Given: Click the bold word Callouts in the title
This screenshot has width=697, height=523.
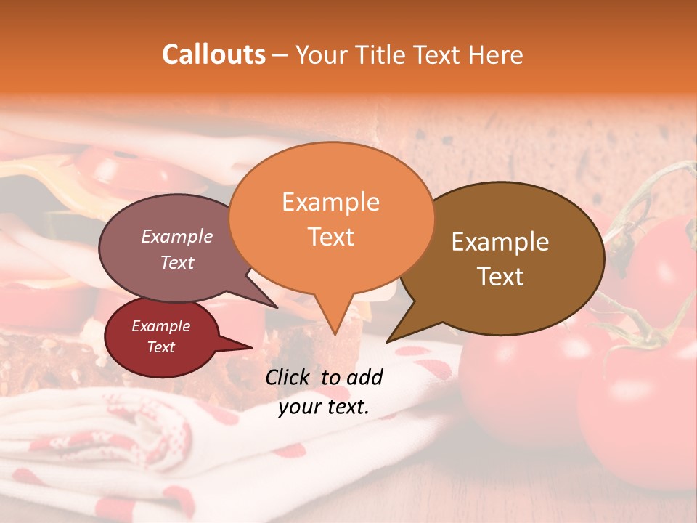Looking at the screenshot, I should [x=213, y=54].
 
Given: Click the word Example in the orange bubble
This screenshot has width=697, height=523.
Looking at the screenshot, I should [x=330, y=202].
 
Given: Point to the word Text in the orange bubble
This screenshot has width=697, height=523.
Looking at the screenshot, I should [x=330, y=237].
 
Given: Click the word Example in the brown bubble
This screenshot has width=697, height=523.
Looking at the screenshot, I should [x=500, y=242].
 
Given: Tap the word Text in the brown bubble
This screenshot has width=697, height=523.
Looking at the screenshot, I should [x=500, y=277].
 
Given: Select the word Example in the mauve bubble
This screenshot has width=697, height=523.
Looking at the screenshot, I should [x=177, y=236].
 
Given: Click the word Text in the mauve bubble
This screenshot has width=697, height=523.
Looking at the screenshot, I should [x=177, y=262].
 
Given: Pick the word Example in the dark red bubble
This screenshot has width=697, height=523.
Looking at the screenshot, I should [x=160, y=326].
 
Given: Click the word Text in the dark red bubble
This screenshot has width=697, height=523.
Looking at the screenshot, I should [x=160, y=347].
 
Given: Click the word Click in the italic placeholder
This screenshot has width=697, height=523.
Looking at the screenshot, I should [x=289, y=377].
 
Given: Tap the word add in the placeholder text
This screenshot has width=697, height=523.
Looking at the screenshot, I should [x=364, y=377].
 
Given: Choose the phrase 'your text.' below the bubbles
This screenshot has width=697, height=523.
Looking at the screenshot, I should [x=323, y=407].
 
